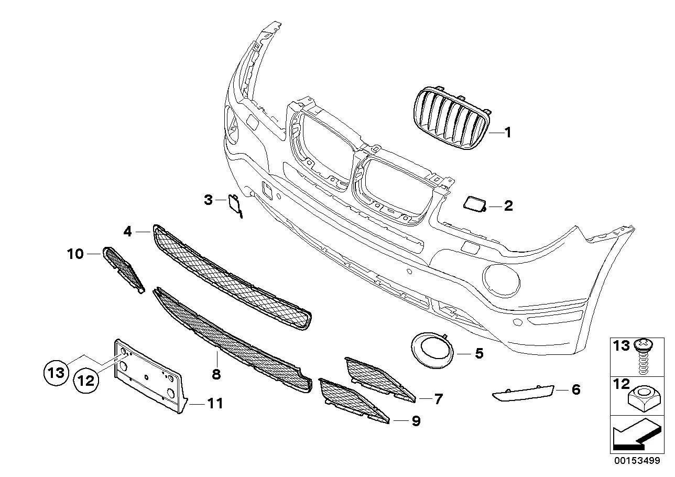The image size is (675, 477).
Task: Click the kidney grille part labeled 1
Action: (x=452, y=117)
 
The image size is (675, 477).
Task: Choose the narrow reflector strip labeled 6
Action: (x=523, y=394)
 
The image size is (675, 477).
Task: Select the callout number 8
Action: (x=216, y=375)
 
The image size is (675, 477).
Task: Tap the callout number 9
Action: (x=416, y=421)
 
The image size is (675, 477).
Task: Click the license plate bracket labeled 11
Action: (x=150, y=377)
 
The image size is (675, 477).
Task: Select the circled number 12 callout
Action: (x=86, y=381)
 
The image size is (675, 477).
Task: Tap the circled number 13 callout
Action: (x=56, y=373)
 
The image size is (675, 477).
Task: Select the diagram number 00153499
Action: (x=637, y=460)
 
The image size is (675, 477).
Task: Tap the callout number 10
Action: (x=75, y=254)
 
